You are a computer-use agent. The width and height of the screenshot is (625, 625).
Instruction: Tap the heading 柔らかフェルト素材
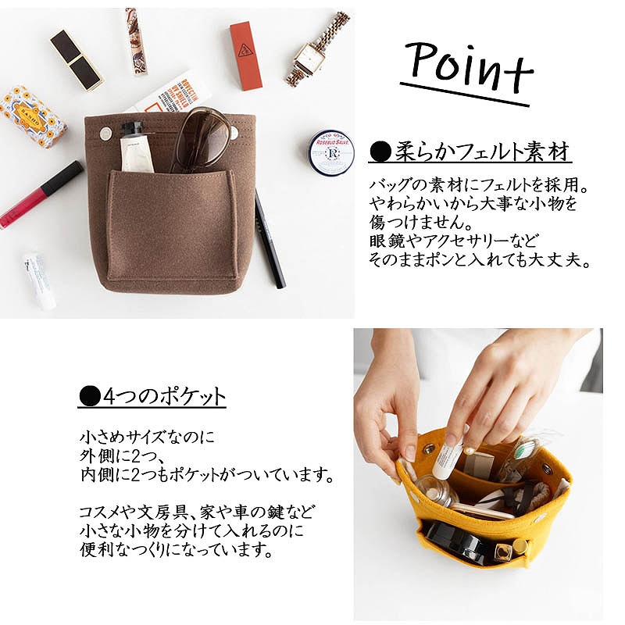pyautogui.click(x=470, y=152)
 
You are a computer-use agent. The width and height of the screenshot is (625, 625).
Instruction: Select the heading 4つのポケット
pyautogui.click(x=152, y=396)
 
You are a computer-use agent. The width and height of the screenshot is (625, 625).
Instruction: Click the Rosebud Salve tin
pyautogui.click(x=331, y=152)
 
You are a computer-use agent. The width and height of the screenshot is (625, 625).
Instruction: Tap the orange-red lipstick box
pyautogui.click(x=246, y=56)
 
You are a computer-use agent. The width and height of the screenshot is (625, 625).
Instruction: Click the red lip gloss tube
pyautogui.click(x=40, y=195)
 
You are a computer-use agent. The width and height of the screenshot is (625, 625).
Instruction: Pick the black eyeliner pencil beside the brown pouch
pyautogui.click(x=270, y=238)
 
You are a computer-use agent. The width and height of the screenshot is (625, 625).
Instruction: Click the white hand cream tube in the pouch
pyautogui.click(x=137, y=148)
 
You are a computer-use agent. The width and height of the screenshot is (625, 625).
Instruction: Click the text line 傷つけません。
pyautogui.click(x=421, y=222)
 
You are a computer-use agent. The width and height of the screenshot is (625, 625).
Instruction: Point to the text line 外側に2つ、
pyautogui.click(x=125, y=455)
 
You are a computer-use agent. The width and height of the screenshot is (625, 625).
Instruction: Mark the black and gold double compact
pyautogui.click(x=77, y=60)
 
